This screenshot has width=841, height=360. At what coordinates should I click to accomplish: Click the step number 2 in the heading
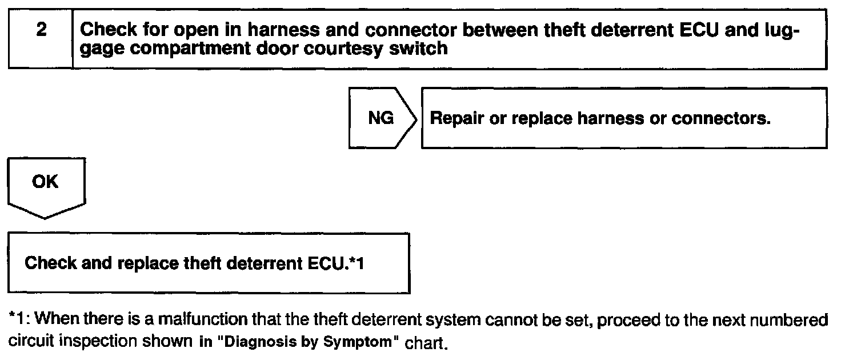pyautogui.click(x=41, y=30)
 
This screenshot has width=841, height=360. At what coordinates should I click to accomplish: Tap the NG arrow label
pyautogui.click(x=380, y=119)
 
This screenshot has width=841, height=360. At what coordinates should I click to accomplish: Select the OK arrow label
pyautogui.click(x=45, y=182)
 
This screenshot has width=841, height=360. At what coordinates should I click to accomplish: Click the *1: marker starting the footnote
pyautogui.click(x=19, y=318)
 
